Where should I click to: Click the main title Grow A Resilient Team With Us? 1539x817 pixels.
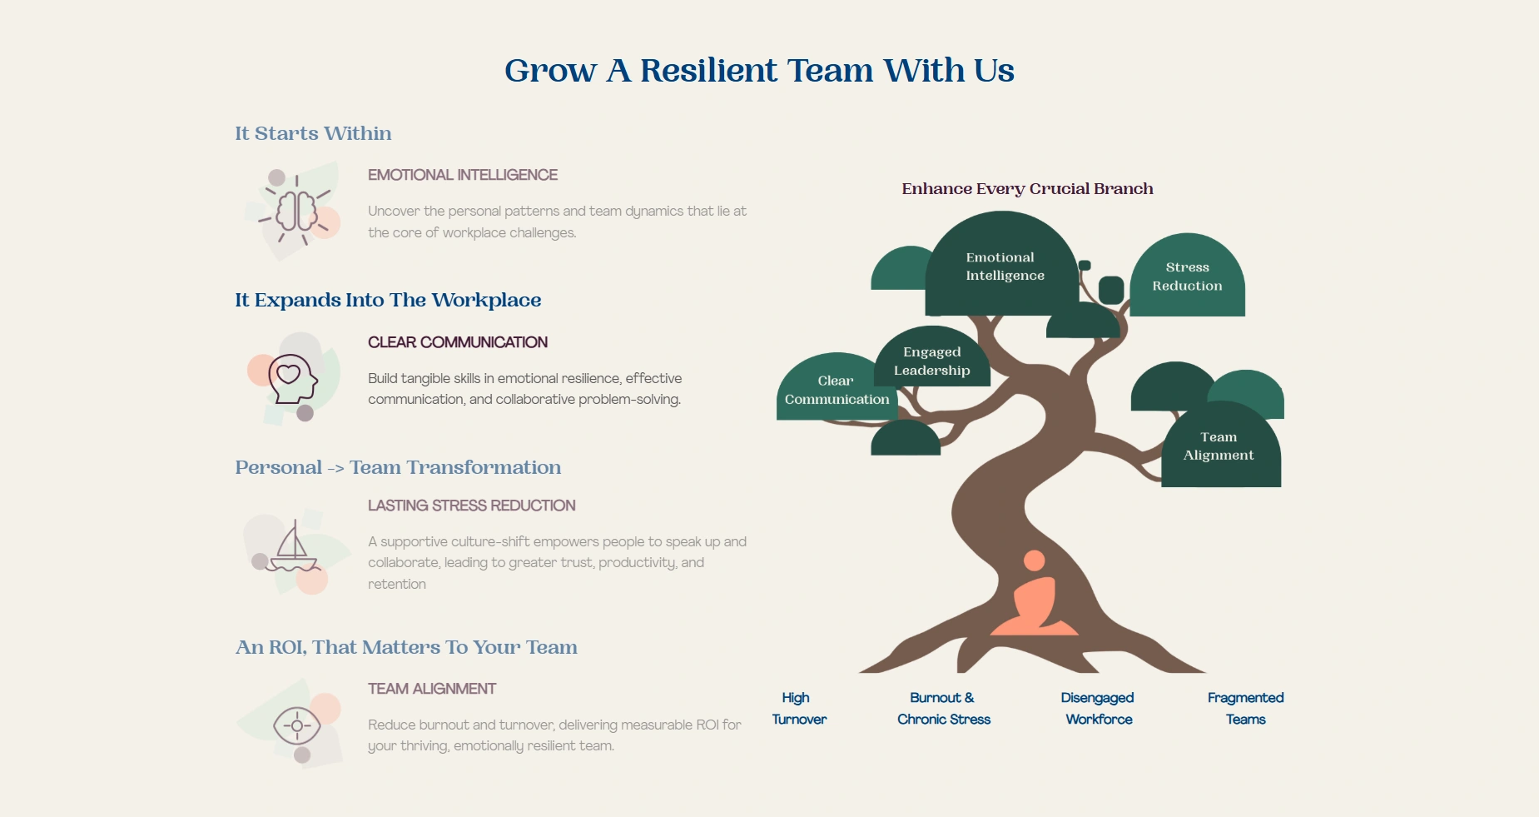point(759,71)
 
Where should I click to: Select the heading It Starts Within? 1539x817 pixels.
point(313,133)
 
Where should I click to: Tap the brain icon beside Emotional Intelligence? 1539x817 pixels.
point(296,212)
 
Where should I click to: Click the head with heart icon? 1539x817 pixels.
point(292,378)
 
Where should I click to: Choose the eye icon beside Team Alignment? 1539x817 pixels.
point(297,726)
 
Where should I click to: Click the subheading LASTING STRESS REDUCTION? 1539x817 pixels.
point(472,506)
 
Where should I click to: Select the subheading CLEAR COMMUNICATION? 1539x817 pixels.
point(458,342)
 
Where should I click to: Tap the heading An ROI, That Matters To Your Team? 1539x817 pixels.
point(406,647)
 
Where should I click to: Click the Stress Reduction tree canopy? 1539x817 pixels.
point(1187,276)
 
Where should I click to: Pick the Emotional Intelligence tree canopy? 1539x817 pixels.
point(1004,267)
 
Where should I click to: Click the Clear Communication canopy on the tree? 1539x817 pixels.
point(837,390)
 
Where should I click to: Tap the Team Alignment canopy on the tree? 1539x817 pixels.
point(1219,446)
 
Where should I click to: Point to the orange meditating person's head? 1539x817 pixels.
point(1034,560)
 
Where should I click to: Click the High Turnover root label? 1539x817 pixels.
point(798,708)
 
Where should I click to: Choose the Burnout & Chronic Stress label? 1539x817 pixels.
point(943,708)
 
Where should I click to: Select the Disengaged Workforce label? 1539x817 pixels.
point(1098,708)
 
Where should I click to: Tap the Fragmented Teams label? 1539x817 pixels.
point(1245,708)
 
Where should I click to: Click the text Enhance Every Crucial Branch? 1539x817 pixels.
point(1027,189)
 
